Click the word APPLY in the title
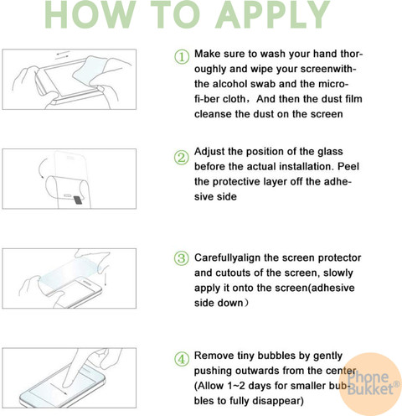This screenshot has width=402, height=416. [x=273, y=14]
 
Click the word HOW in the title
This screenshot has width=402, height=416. [x=90, y=14]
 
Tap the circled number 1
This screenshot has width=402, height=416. [x=182, y=57]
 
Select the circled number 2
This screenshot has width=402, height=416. [x=182, y=158]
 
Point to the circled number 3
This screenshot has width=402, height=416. [x=182, y=258]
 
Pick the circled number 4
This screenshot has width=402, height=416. [x=182, y=359]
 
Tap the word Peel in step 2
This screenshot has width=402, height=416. [x=348, y=166]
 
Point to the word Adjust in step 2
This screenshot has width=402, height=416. [x=209, y=152]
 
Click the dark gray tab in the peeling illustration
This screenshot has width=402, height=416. [x=78, y=200]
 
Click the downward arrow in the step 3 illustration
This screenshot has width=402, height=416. [x=106, y=278]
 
